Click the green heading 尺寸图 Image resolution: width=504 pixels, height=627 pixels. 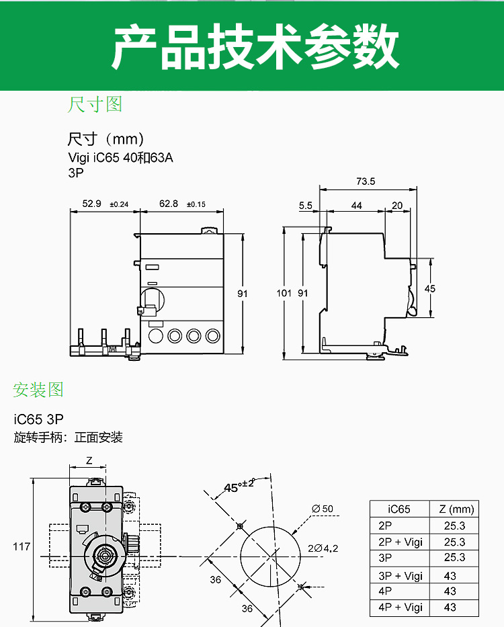click(x=95, y=105)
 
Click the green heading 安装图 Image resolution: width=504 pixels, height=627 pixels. click(x=38, y=390)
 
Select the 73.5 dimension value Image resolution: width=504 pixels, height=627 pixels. click(x=366, y=181)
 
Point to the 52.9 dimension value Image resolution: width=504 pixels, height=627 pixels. click(x=92, y=204)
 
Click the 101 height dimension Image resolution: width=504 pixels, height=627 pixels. click(x=285, y=293)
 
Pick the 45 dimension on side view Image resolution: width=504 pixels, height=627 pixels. click(x=430, y=288)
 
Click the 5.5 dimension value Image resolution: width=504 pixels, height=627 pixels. click(x=306, y=206)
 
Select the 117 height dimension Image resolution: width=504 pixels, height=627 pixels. click(x=22, y=547)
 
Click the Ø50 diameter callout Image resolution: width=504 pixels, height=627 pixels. click(x=323, y=509)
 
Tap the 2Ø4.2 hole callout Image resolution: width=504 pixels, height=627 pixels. click(x=323, y=548)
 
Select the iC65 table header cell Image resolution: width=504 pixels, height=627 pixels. click(x=399, y=509)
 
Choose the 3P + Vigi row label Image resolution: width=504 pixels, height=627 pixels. click(x=399, y=576)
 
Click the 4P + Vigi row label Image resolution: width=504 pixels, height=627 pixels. click(x=399, y=608)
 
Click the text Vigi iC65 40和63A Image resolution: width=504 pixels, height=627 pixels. click(x=116, y=159)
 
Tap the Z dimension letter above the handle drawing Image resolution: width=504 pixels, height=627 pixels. click(x=89, y=460)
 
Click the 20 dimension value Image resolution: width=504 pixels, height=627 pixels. click(x=397, y=206)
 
